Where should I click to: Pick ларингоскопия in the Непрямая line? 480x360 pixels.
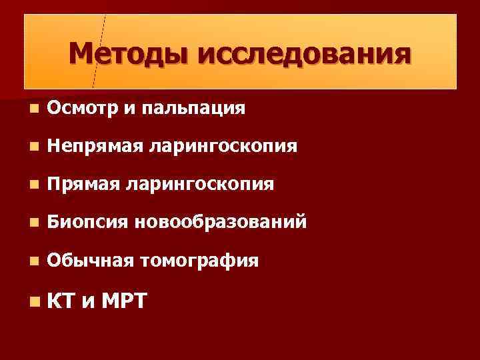click(x=223, y=145)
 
